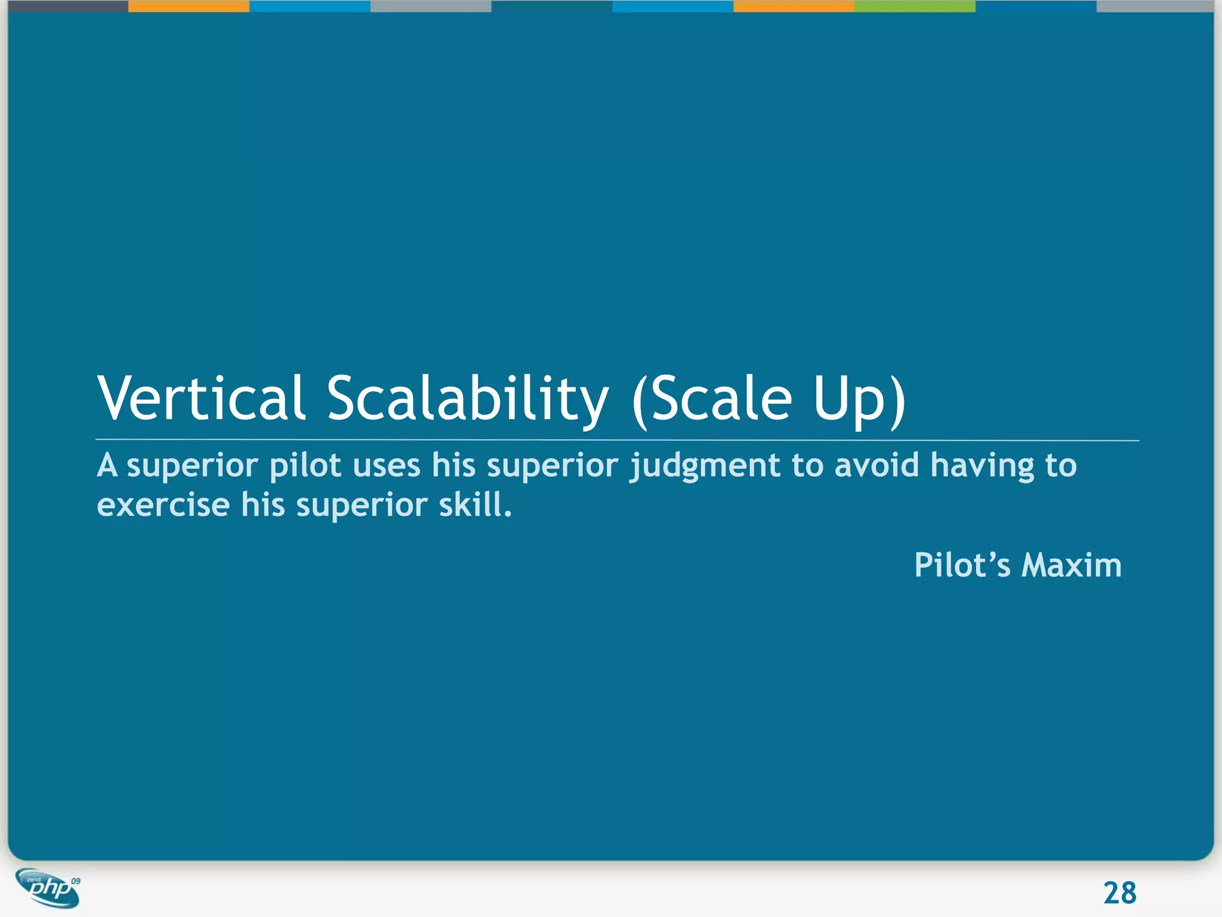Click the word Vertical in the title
coord(202,398)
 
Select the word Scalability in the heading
coord(467,398)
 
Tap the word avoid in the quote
coord(877,466)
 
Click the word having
coord(982,466)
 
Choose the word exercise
coord(163,505)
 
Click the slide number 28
coord(1119,893)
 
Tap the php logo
coord(48,888)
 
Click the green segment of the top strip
coord(915,6)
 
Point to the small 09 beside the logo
coord(75,881)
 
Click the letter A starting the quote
coord(107,466)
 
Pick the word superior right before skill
coord(361,505)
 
